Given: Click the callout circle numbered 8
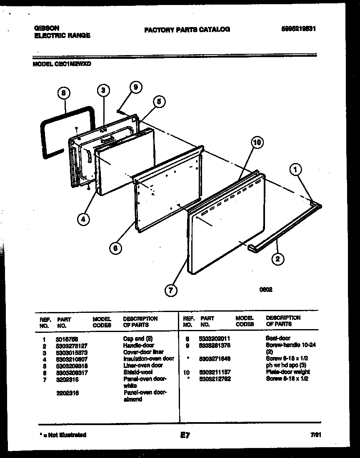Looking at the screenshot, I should [63, 94].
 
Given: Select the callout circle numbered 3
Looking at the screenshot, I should [104, 90].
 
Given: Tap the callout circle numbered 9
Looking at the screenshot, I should [135, 87].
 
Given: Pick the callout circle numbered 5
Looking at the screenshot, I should [159, 101].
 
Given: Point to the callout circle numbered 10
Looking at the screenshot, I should [257, 143].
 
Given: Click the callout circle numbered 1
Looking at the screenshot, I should [296, 169].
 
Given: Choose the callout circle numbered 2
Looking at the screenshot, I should [278, 259].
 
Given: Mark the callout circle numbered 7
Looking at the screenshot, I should [170, 289].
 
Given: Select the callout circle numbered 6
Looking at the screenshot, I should [116, 247].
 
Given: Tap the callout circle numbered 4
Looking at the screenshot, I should [84, 219].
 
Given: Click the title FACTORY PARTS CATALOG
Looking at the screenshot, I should [187, 30].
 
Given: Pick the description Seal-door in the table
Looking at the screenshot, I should [278, 338].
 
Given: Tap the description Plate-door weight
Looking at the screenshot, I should [287, 372].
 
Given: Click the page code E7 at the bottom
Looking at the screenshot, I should [185, 435].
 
